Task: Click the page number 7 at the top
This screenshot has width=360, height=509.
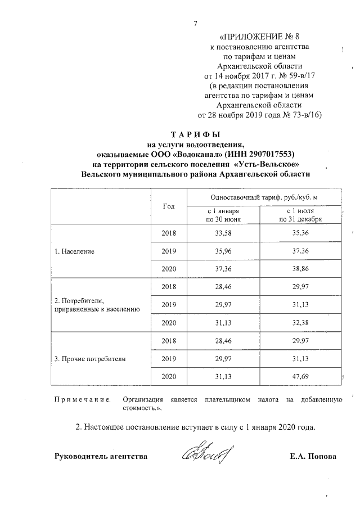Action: click(x=195, y=24)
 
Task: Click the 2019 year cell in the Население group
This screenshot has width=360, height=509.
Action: click(x=169, y=251)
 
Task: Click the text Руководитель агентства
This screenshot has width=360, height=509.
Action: click(x=101, y=456)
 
